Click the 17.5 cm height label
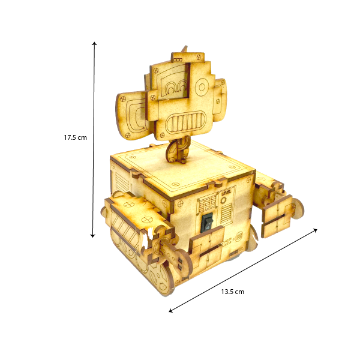point(76,137)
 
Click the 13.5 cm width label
point(233,292)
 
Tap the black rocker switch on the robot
point(206,223)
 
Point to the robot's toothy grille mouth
point(186,121)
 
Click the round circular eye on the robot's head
point(202,87)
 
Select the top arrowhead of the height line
point(94,44)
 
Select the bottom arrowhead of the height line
point(92,235)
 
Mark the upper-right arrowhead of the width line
point(316,230)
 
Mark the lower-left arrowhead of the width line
point(170,311)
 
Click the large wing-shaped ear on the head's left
point(132,115)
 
